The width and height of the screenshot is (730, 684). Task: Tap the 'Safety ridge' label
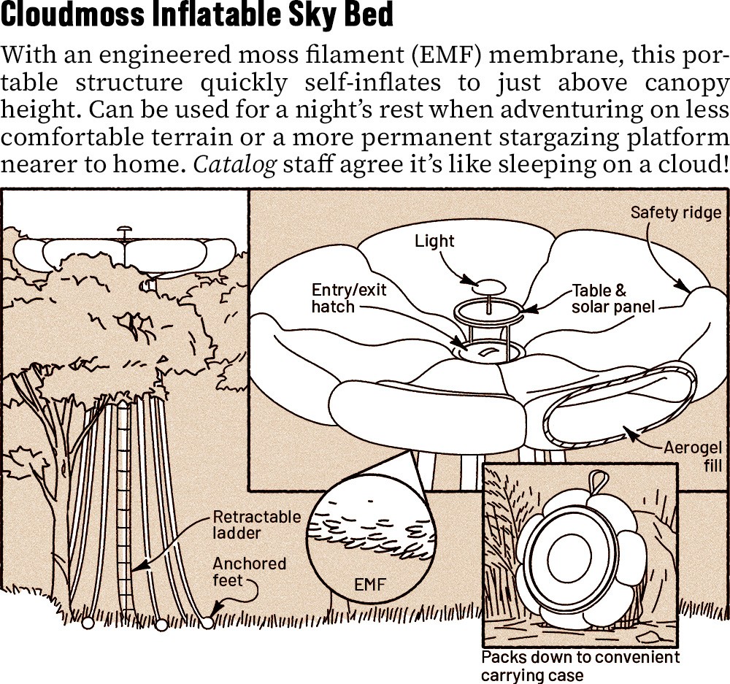tap(675, 212)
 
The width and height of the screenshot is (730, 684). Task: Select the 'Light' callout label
tap(434, 241)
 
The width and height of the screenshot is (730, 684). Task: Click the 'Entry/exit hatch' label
tap(348, 298)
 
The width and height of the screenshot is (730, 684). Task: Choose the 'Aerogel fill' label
tap(692, 456)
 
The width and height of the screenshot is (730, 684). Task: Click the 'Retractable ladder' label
tap(256, 525)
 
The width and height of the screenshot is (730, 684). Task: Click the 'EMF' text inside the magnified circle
tap(369, 584)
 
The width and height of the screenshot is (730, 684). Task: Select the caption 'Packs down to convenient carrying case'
tap(580, 666)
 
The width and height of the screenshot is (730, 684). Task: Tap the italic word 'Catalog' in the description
tap(234, 164)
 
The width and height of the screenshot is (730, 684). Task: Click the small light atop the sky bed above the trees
tap(126, 232)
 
